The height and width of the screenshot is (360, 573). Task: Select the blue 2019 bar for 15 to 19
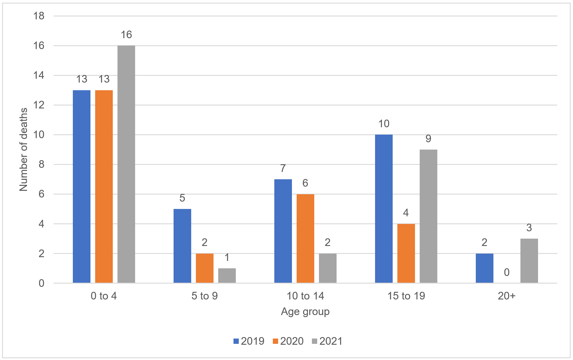click(x=384, y=209)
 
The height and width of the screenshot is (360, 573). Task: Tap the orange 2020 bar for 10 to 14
click(x=305, y=238)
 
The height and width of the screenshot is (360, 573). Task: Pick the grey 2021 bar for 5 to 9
click(x=227, y=275)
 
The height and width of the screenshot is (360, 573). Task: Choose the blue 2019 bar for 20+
click(x=484, y=268)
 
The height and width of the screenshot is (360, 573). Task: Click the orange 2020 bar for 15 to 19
click(x=406, y=253)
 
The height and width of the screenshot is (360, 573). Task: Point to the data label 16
click(x=126, y=35)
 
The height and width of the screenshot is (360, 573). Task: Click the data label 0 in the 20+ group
click(x=507, y=272)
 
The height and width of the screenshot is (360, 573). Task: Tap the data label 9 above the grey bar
click(x=428, y=138)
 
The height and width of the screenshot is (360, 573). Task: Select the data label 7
click(x=283, y=168)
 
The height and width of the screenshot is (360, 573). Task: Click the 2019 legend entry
click(x=249, y=341)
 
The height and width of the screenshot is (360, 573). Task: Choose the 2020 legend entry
click(x=288, y=341)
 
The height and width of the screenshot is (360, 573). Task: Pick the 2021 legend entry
click(x=327, y=341)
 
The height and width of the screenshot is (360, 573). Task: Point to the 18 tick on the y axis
click(x=39, y=16)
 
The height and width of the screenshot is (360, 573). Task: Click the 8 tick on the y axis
click(x=41, y=164)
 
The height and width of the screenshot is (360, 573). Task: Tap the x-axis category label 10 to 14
click(x=305, y=296)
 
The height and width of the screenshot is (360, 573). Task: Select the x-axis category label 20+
click(x=507, y=296)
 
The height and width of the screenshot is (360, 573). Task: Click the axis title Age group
click(x=305, y=312)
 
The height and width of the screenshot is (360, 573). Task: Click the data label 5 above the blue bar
click(x=182, y=198)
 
